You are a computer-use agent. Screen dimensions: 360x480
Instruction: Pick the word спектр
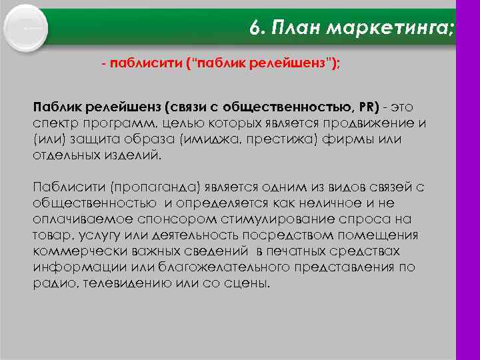point(53,125)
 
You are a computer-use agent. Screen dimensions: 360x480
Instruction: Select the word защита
point(85,140)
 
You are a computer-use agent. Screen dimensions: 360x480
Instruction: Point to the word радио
point(49,283)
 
